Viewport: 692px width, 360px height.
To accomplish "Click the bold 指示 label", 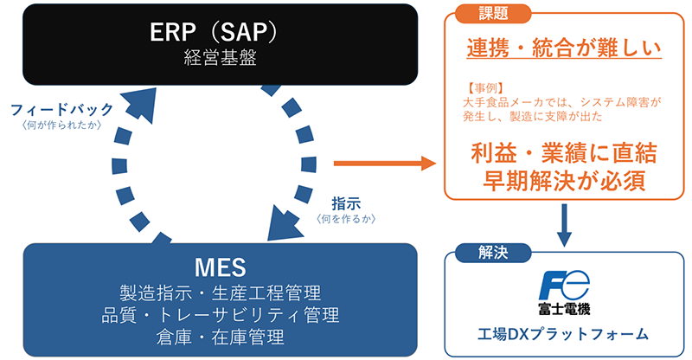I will point(346,202).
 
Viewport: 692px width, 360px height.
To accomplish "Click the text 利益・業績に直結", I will point(564,153).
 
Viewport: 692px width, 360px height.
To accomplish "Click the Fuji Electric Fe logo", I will point(564,283).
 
